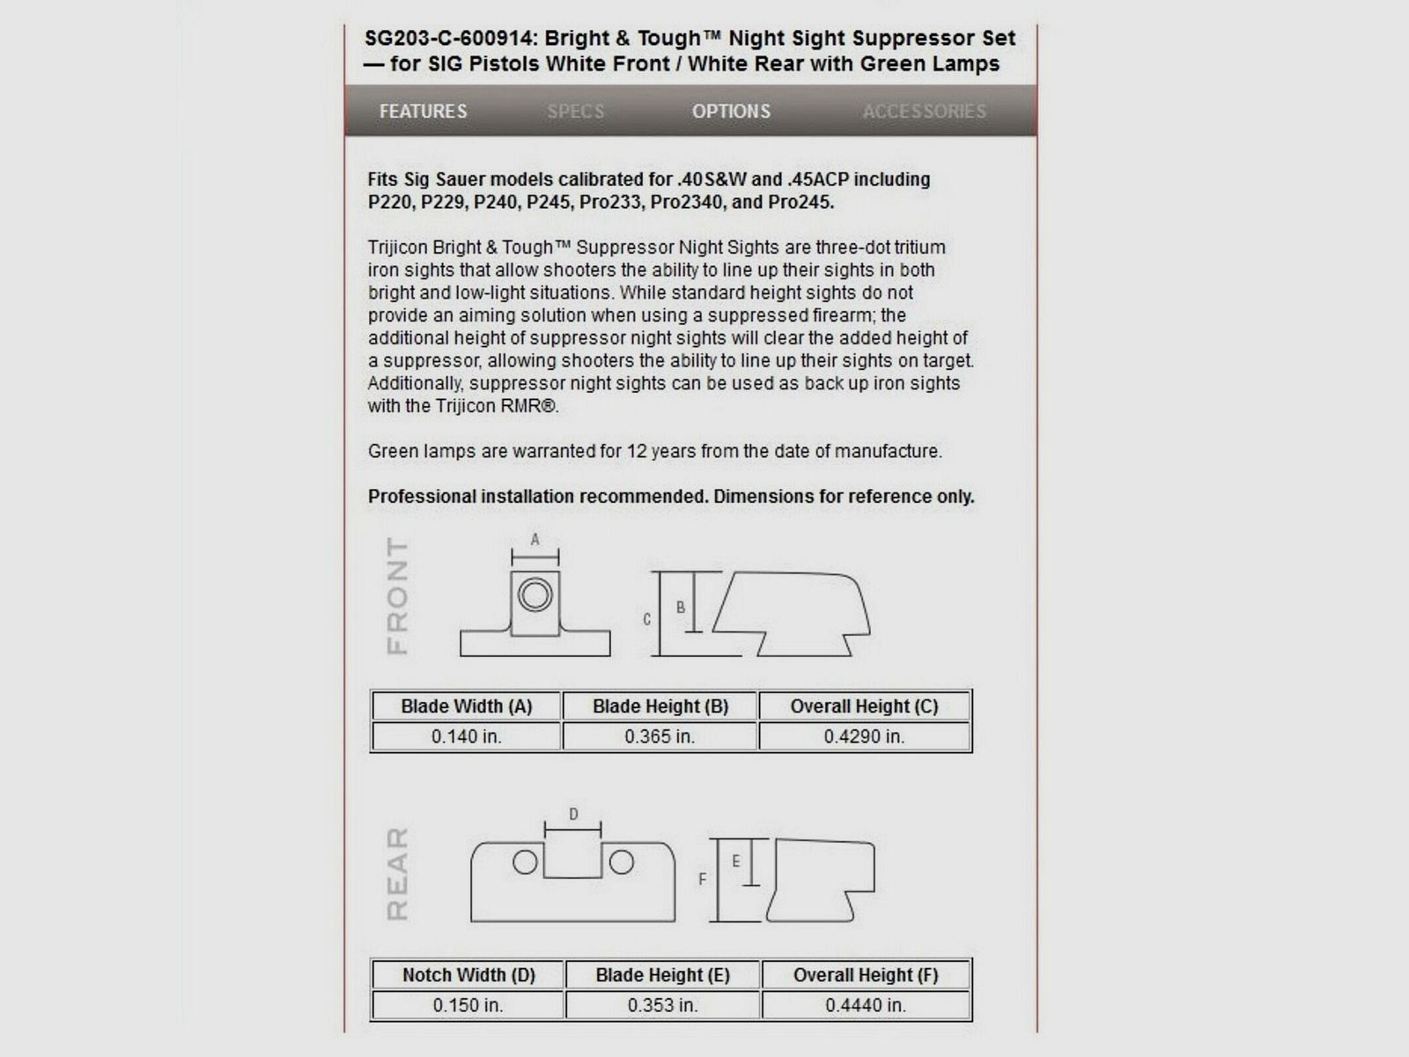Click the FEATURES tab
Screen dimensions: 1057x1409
point(423,112)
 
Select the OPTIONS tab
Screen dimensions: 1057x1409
point(731,112)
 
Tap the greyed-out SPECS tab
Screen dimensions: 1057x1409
point(575,112)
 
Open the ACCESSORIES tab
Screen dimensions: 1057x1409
point(924,112)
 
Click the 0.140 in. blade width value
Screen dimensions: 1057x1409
point(466,736)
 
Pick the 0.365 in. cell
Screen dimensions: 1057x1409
point(660,736)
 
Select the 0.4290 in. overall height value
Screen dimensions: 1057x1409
point(864,736)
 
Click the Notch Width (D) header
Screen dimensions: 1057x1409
point(468,975)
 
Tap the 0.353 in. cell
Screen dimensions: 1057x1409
point(662,1005)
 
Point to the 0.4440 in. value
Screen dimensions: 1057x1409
point(866,1005)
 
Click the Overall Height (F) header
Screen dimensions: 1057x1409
point(866,975)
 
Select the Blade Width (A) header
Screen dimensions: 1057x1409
point(466,706)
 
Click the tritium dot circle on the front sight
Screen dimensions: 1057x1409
point(535,595)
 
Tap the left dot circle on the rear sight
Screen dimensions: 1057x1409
point(525,862)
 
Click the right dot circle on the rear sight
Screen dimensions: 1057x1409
point(622,862)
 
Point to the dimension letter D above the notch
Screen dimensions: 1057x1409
point(573,814)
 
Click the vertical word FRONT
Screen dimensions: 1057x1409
point(398,596)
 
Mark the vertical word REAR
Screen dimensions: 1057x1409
point(398,874)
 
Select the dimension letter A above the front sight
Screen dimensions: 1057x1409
point(535,539)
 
